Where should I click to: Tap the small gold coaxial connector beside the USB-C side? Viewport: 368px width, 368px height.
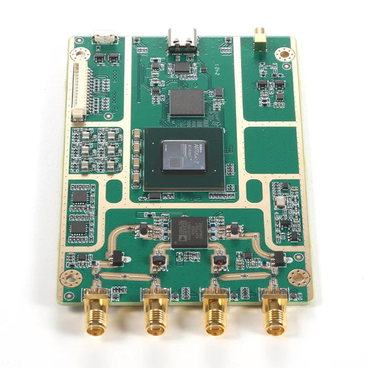260,39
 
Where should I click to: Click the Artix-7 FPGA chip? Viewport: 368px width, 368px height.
183,155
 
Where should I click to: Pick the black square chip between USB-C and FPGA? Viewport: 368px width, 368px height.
186,102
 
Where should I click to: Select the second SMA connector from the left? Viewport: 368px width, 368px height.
155,314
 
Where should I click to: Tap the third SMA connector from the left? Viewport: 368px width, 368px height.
216,314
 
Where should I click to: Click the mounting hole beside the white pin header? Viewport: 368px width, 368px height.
80,52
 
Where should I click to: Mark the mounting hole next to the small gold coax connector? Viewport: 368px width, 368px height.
282,54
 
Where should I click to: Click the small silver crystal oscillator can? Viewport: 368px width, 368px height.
280,201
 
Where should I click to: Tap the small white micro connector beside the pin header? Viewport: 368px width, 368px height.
104,39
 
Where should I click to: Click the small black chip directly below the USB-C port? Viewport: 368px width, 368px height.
182,67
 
